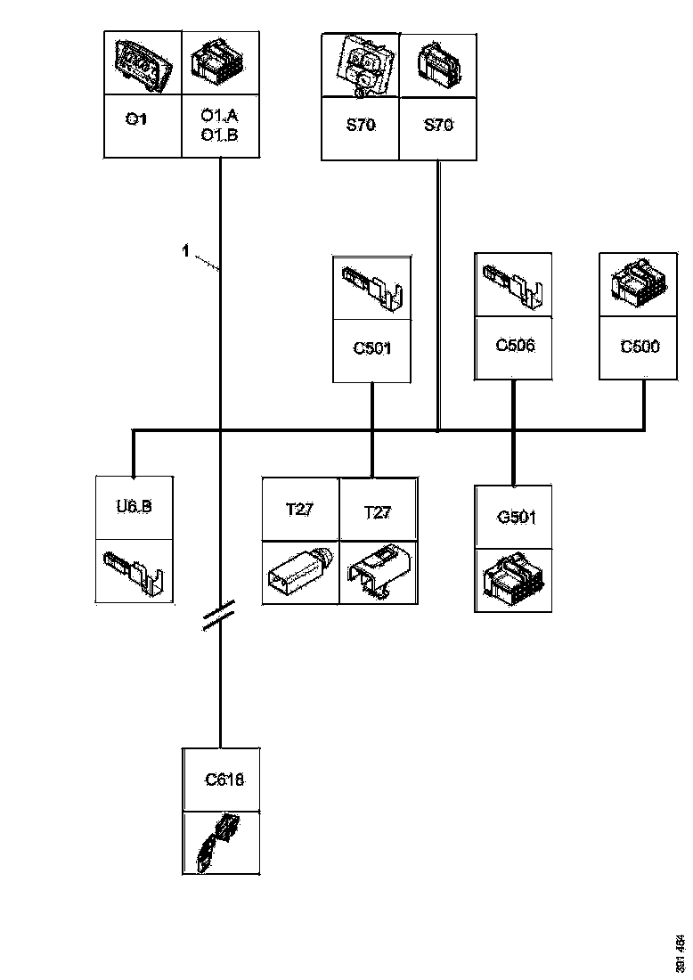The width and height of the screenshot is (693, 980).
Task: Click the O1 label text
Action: [136, 118]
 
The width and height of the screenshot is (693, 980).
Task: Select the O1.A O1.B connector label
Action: [219, 126]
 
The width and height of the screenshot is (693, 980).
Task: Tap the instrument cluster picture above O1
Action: [143, 65]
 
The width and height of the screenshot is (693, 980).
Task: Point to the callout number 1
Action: [185, 252]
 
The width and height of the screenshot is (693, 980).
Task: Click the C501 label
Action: [371, 347]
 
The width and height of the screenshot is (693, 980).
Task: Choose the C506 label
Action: [515, 345]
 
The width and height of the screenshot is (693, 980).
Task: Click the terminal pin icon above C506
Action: [515, 285]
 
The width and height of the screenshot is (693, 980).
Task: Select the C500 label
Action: [640, 346]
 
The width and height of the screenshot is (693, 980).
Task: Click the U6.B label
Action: [134, 507]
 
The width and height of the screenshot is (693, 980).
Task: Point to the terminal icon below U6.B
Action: [134, 570]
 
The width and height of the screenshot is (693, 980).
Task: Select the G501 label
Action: [514, 516]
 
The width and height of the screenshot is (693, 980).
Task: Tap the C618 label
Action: [224, 780]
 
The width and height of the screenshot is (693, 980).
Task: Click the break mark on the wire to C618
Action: [219, 614]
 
